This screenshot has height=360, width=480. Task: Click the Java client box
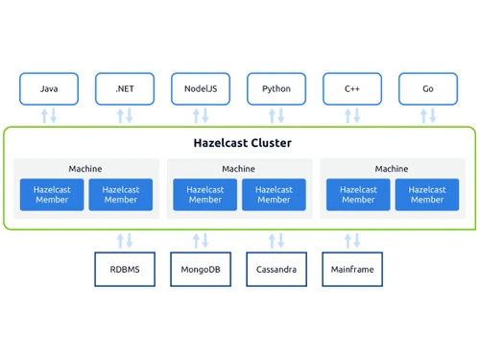[48, 88]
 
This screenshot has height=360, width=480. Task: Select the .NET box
[125, 88]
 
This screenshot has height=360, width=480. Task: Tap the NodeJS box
[201, 88]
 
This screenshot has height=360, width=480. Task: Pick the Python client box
[276, 88]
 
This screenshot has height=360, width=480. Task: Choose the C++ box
[352, 88]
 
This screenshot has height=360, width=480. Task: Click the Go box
[427, 88]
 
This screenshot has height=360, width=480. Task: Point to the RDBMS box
[125, 270]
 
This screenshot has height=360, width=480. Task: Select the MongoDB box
[201, 270]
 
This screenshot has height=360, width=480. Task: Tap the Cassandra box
[276, 270]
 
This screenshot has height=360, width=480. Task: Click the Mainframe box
[352, 270]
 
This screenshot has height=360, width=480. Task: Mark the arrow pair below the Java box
[48, 115]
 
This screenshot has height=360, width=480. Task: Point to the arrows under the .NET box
[125, 115]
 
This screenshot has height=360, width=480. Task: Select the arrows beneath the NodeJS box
[201, 115]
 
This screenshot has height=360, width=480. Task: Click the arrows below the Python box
[276, 115]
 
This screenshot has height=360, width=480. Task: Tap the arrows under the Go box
[427, 115]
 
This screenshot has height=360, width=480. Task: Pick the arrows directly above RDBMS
[125, 240]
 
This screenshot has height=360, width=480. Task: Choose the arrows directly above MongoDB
[201, 240]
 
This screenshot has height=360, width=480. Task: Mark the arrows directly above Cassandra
[276, 240]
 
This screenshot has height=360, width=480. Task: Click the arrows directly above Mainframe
[352, 240]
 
